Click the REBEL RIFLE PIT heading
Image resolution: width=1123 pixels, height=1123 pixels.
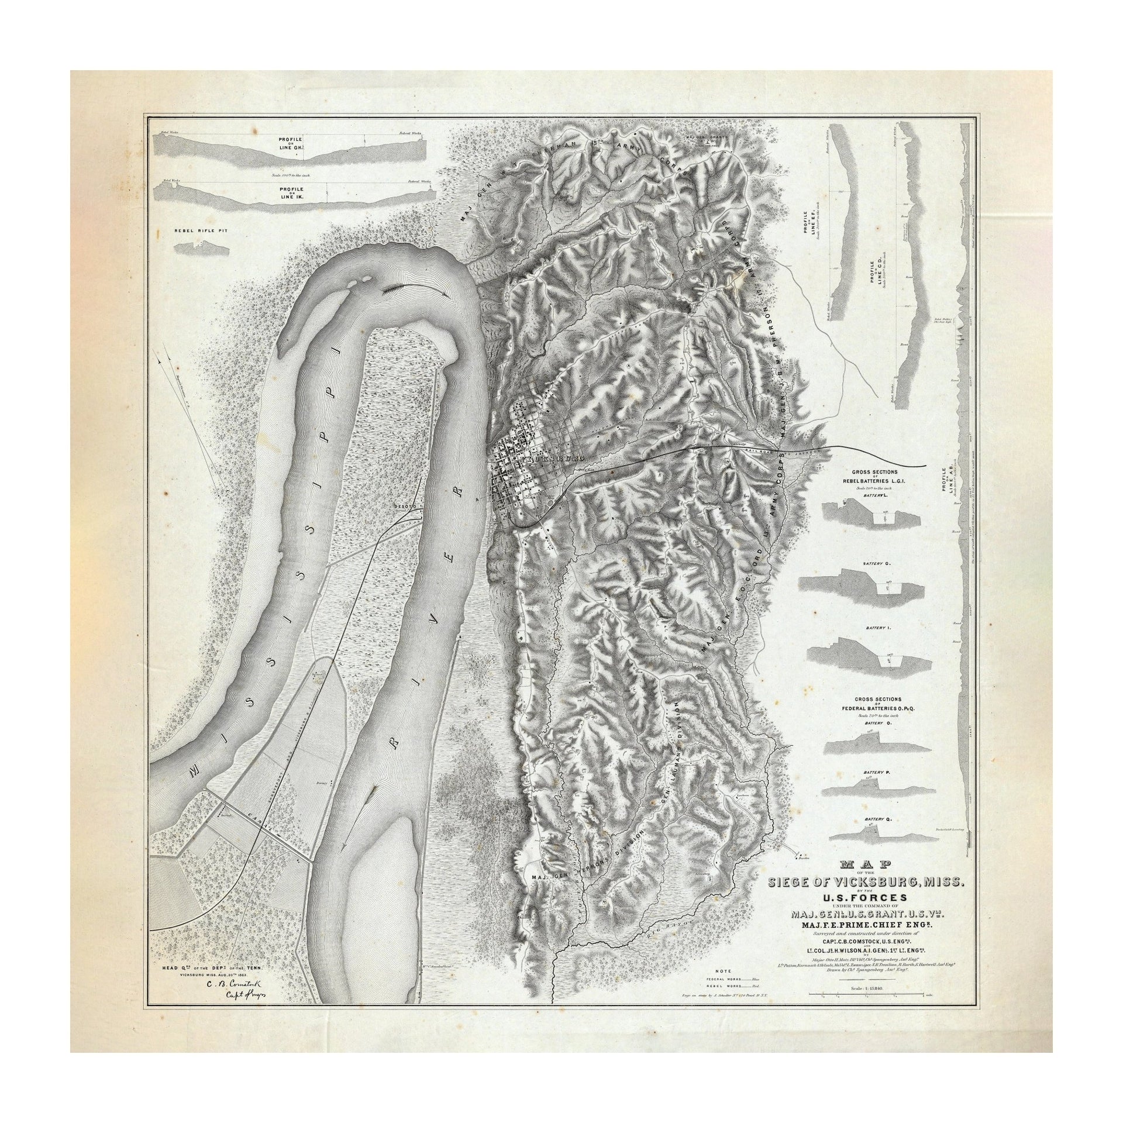point(201,230)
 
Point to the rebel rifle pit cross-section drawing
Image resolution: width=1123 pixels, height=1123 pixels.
point(201,248)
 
